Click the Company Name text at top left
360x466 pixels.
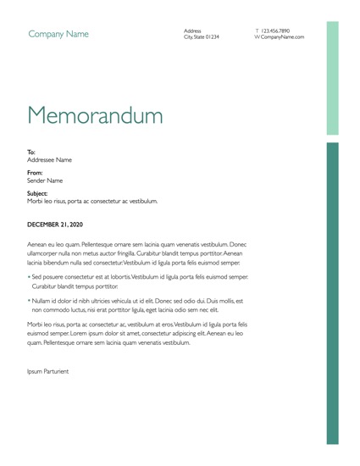tap(58, 35)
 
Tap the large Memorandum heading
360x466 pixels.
tap(95, 114)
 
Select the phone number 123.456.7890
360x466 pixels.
tap(275, 31)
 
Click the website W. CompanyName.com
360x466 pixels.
tap(279, 37)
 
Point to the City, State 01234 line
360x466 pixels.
tap(202, 37)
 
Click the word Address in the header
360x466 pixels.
tap(192, 31)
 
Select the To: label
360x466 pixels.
tap(31, 153)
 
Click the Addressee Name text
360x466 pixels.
tap(49, 160)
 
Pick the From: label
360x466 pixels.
tap(35, 173)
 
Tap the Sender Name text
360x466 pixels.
tap(45, 180)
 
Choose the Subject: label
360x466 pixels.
tap(38, 194)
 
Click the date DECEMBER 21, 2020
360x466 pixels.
tap(55, 225)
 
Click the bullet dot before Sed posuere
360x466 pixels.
tap(29, 277)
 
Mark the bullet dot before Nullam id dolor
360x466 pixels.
tap(29, 301)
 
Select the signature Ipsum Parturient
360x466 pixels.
tap(48, 371)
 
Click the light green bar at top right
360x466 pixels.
tap(333, 78)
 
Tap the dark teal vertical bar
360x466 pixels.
tap(333, 292)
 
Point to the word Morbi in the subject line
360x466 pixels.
tap(36, 202)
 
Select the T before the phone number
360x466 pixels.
tap(256, 31)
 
